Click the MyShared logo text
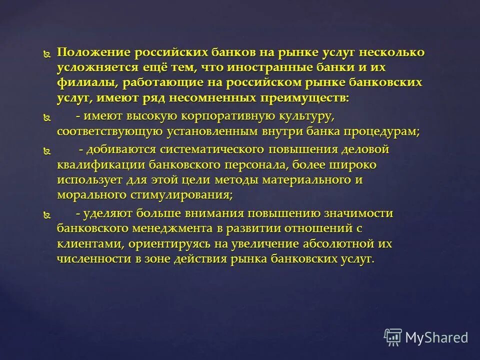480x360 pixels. point(436,337)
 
